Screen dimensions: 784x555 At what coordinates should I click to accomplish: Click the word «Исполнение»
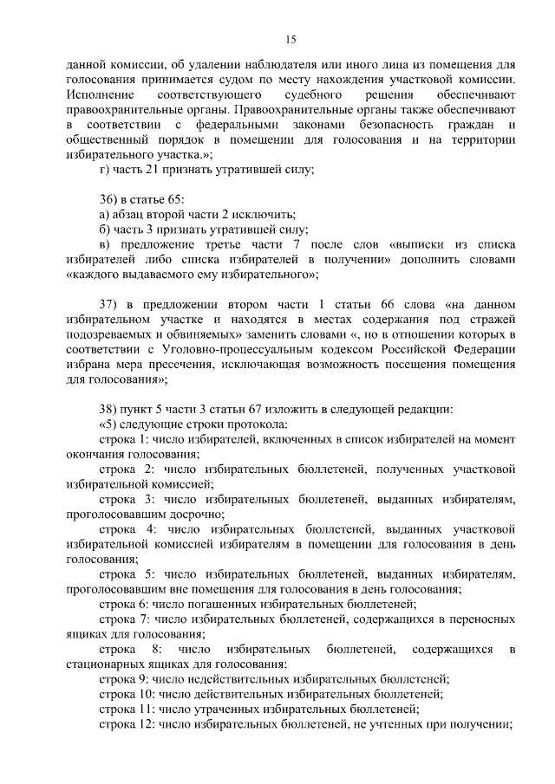click(100, 94)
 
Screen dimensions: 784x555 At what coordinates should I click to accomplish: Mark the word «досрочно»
click(189, 514)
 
